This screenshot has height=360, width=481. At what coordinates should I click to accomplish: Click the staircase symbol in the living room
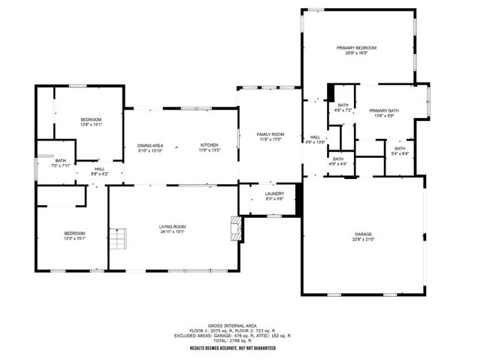point(118,241)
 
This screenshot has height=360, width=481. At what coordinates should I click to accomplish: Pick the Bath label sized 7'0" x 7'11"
point(60,162)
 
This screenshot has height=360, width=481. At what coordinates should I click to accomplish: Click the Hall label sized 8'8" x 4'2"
point(99,171)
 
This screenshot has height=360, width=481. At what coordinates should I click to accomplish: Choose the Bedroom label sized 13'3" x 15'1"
point(74,236)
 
